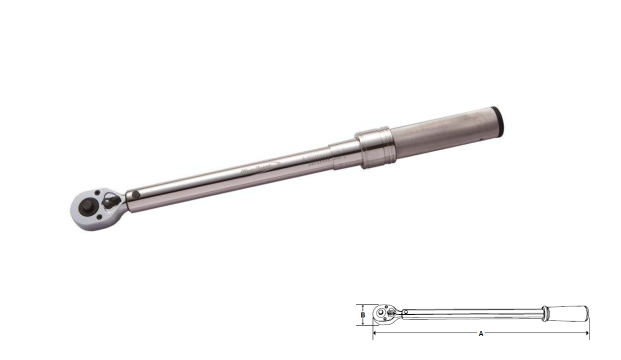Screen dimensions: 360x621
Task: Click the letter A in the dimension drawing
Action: pos(481,333)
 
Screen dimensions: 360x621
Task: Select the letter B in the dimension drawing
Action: pos(362,315)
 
